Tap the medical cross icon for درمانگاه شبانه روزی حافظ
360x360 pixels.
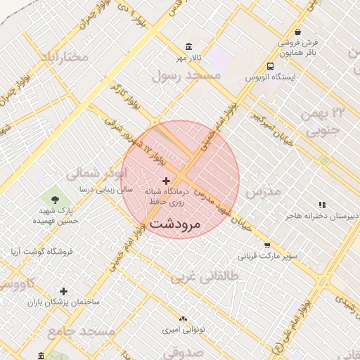click(166, 181)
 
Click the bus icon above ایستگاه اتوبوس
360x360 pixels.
click(271, 66)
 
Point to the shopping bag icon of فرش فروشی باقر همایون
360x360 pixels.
click(298, 32)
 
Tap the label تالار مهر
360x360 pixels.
click(189, 56)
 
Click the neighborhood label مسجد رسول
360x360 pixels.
click(192, 75)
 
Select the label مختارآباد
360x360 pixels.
click(64, 56)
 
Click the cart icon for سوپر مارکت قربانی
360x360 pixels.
click(267, 245)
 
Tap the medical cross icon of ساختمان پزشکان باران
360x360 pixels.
click(64, 290)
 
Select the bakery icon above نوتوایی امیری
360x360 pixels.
click(183, 319)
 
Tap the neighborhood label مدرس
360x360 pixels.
click(264, 191)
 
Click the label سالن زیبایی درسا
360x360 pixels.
click(87, 190)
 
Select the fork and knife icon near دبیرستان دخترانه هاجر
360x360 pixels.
click(322, 205)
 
